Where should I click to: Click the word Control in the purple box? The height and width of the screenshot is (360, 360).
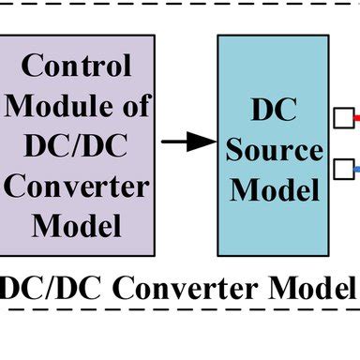coord(76,67)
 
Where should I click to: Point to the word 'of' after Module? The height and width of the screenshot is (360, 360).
coord(131,106)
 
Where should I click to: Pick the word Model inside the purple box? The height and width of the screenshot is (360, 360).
coord(76,226)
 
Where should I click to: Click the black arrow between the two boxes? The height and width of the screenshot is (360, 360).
coord(187,142)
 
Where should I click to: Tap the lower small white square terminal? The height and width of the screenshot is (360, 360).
coord(343,169)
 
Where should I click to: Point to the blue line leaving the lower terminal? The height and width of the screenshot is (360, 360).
coord(356,169)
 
